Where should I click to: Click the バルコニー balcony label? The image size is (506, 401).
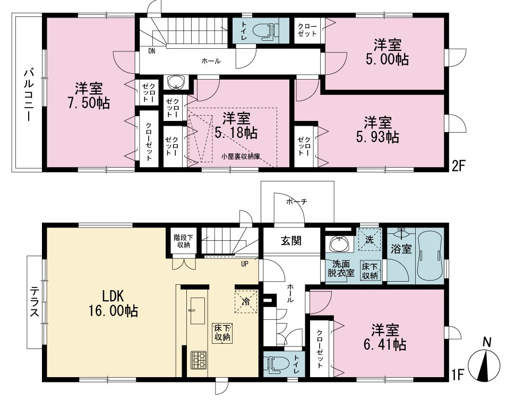(28, 95)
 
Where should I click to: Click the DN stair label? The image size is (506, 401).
(152, 51)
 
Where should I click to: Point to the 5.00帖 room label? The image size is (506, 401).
(388, 59)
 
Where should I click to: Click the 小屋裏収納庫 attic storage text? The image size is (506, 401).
(241, 156)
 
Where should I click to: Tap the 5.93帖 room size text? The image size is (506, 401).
(378, 137)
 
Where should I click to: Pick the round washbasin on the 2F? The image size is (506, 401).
(176, 83)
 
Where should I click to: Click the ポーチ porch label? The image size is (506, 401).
(297, 202)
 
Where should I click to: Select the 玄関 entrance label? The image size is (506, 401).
(291, 240)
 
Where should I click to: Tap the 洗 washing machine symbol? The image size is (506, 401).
(370, 239)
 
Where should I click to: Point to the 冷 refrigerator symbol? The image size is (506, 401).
(246, 302)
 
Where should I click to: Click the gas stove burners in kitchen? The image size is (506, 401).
(199, 360)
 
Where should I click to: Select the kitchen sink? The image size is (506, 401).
(197, 311)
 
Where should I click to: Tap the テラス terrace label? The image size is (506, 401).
(35, 302)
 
